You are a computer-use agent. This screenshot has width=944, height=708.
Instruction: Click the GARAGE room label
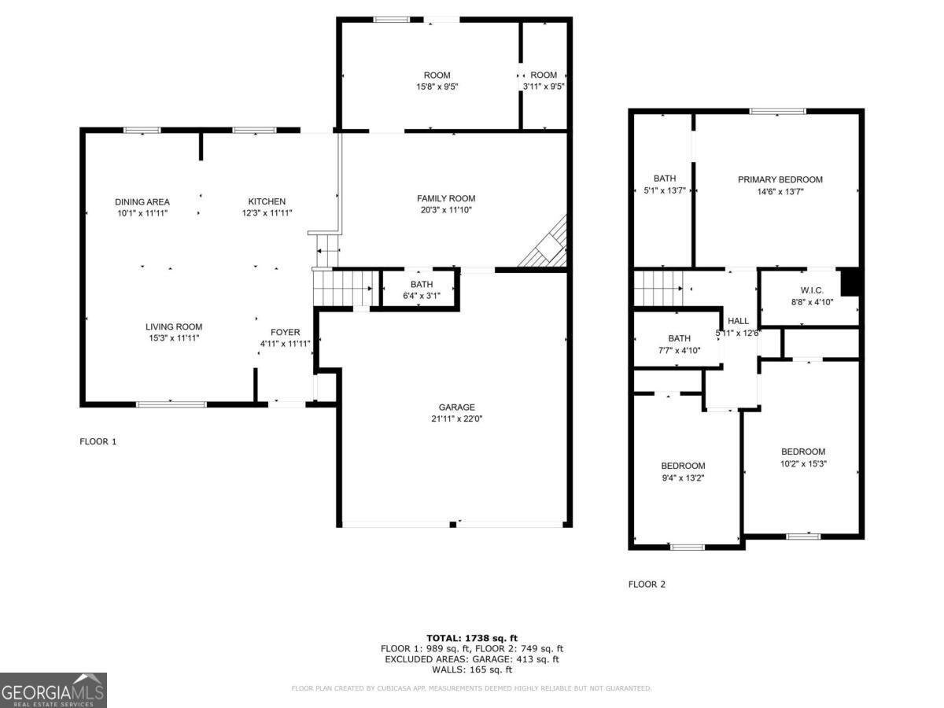[x=456, y=407]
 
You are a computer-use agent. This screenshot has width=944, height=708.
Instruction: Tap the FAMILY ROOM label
[x=446, y=198]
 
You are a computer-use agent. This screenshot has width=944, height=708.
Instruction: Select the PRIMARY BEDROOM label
[x=780, y=179]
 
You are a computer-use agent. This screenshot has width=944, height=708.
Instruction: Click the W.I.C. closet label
[x=813, y=290]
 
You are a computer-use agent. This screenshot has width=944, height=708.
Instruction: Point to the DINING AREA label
[x=142, y=202]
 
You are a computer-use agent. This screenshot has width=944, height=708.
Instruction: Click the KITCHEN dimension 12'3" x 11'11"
[x=267, y=213]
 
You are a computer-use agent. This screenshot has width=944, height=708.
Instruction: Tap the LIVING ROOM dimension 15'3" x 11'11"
[x=173, y=338]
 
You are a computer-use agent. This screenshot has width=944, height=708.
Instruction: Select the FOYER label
[x=285, y=332]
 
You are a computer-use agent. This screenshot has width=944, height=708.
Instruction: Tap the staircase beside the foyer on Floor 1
[x=342, y=287]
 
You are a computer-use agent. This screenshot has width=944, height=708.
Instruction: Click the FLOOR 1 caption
[x=98, y=441]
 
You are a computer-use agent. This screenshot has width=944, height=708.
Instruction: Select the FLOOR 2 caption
[x=647, y=584]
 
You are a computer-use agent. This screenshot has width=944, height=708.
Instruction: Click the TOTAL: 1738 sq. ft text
[x=472, y=638]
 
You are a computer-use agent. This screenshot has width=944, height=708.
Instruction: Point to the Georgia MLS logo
[x=53, y=690]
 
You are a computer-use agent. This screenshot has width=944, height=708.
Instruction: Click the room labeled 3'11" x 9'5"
[x=544, y=81]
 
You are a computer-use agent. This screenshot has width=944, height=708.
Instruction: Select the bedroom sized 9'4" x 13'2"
[x=683, y=471]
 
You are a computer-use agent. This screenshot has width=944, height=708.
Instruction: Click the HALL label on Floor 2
[x=738, y=321]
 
